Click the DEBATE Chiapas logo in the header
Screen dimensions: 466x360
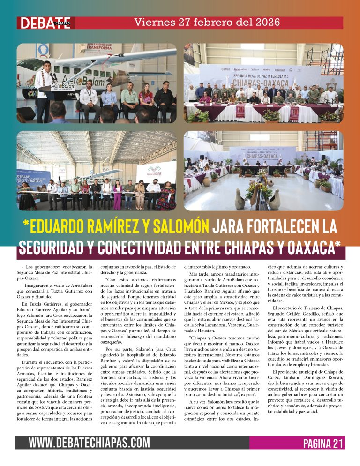click(x=45, y=23)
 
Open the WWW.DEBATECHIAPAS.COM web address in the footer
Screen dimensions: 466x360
click(x=89, y=443)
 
